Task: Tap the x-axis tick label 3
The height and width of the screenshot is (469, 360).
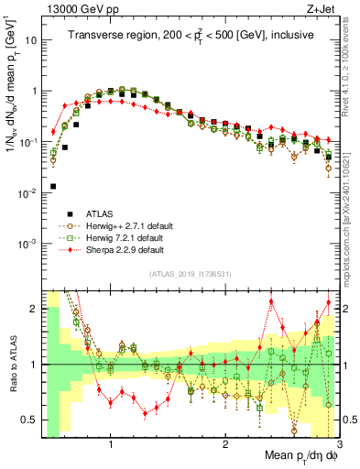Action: point(339,445)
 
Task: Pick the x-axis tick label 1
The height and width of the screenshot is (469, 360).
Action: point(110,445)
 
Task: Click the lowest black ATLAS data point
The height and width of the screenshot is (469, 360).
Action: point(53,186)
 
